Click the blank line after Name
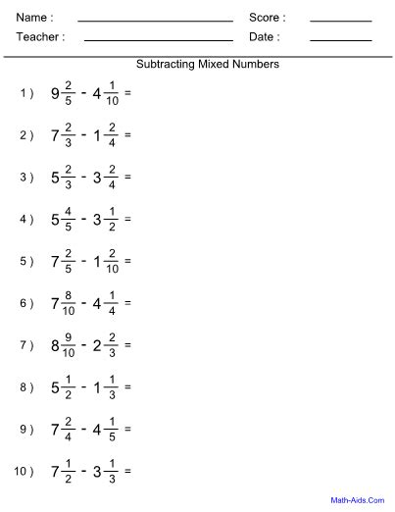click(155, 21)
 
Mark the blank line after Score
click(340, 21)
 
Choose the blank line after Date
click(340, 40)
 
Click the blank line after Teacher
click(159, 40)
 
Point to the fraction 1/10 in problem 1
click(114, 94)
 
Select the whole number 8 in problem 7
click(56, 346)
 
